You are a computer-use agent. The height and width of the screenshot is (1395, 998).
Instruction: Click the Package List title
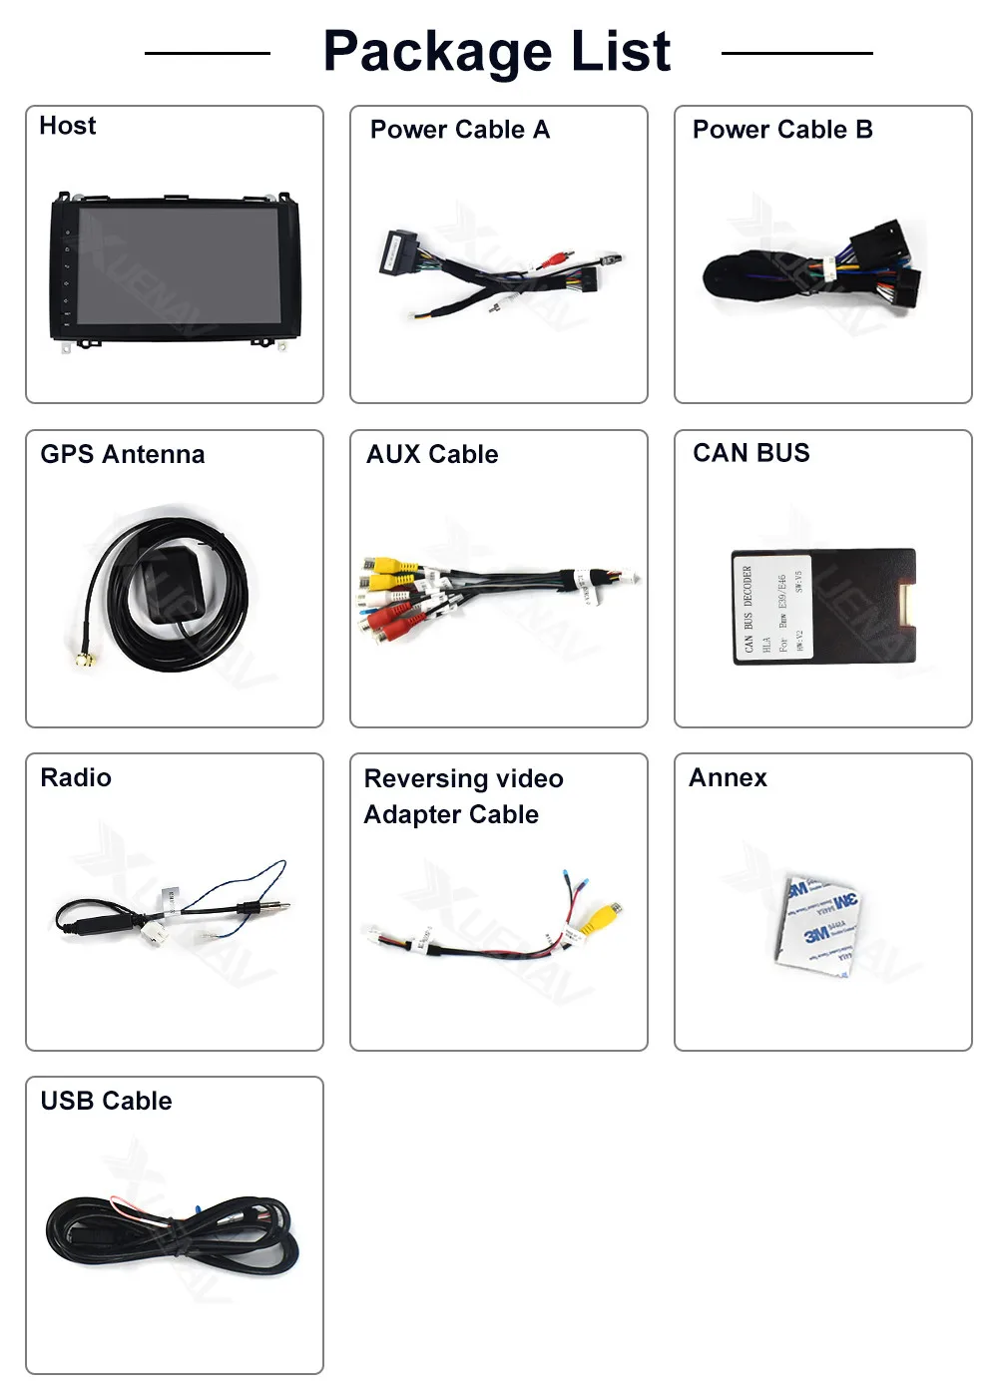(497, 52)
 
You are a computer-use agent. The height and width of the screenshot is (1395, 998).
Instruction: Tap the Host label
(68, 126)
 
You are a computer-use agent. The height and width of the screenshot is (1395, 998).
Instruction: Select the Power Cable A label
(459, 130)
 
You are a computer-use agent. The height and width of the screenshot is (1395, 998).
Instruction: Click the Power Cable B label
(782, 130)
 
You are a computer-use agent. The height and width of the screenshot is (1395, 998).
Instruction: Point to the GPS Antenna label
(122, 454)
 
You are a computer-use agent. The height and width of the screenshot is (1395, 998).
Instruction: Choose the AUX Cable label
(432, 454)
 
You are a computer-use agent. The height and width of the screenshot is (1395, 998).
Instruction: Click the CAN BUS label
(751, 453)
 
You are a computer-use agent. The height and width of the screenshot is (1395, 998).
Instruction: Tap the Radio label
(76, 777)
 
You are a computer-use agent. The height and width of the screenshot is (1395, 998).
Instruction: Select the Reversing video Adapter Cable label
(463, 796)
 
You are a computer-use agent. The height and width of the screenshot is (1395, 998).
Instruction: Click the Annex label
(728, 777)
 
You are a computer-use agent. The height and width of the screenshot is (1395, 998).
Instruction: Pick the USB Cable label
(106, 1101)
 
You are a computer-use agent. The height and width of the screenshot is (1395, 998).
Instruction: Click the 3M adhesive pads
(818, 923)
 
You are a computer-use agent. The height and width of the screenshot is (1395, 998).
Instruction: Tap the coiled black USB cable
(170, 1237)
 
